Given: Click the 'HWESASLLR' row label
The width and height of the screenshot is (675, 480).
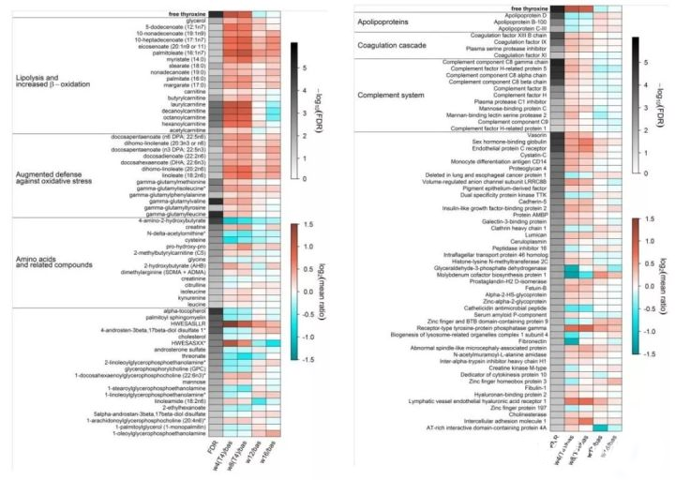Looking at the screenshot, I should (x=187, y=323).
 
